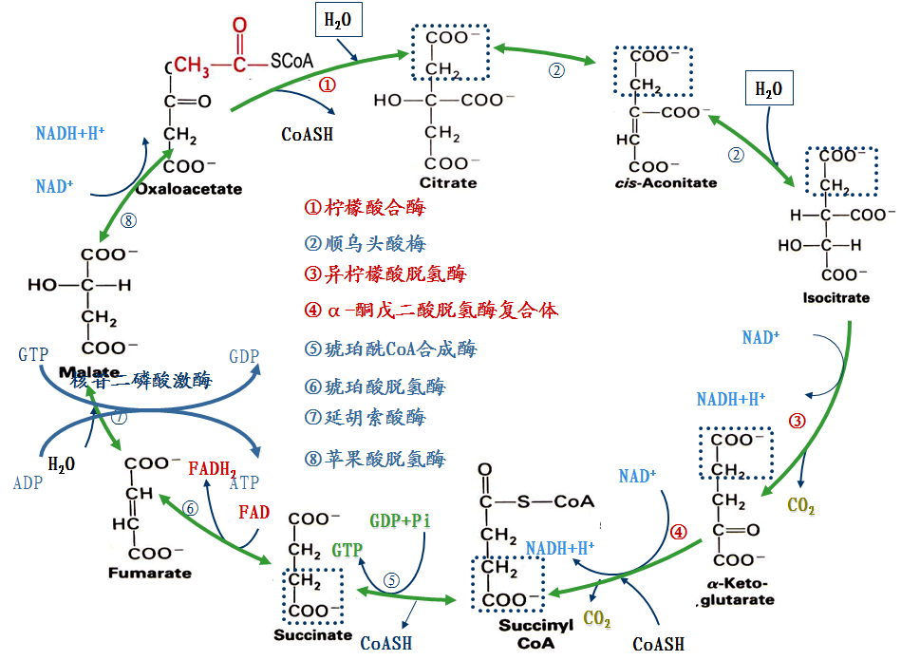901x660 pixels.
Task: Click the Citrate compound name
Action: [448, 182]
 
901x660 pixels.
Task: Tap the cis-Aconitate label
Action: [665, 182]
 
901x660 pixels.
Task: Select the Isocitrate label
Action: [836, 297]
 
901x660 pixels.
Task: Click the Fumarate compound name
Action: [150, 573]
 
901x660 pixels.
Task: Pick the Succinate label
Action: [312, 634]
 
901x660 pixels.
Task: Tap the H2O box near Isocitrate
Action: [768, 89]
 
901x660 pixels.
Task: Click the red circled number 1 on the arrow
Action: [328, 85]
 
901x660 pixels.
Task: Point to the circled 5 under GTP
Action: [392, 579]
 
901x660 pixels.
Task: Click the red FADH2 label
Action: [212, 468]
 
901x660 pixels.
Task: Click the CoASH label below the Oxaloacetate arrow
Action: [308, 134]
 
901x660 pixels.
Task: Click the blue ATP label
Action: [244, 483]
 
